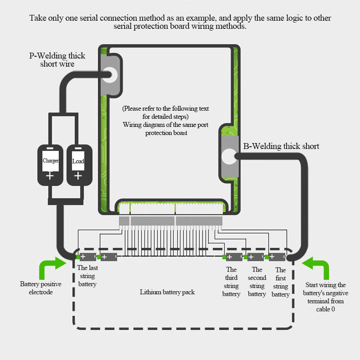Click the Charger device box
pyautogui.click(x=50, y=165)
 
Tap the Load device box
pyautogui.click(x=80, y=165)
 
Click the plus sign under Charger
pyautogui.click(x=50, y=176)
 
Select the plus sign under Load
pyautogui.click(x=78, y=176)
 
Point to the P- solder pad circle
pyautogui.click(x=110, y=75)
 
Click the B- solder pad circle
pyautogui.click(x=229, y=156)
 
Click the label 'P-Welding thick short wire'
pyautogui.click(x=57, y=60)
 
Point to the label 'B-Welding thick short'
pyautogui.click(x=281, y=146)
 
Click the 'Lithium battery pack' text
pyautogui.click(x=167, y=292)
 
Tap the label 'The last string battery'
pyautogui.click(x=87, y=276)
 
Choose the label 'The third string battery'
pyautogui.click(x=231, y=282)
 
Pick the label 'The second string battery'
pyautogui.click(x=257, y=282)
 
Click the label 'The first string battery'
pyautogui.click(x=280, y=282)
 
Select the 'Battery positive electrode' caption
pyautogui.click(x=40, y=288)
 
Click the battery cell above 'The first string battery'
pyautogui.click(x=277, y=256)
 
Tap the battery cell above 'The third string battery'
pyautogui.click(x=234, y=257)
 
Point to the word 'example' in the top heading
pyautogui.click(x=200, y=18)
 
